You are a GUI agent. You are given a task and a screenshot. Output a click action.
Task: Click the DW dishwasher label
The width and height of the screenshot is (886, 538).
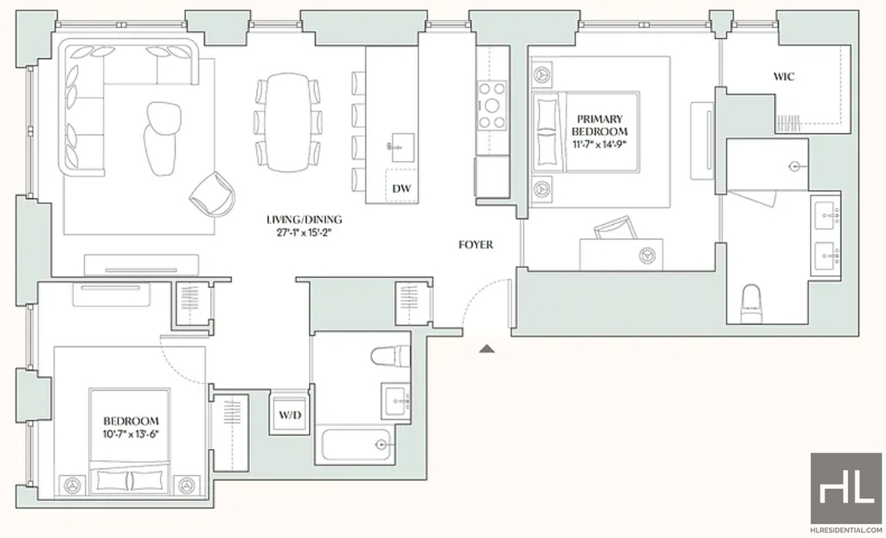[x=401, y=189]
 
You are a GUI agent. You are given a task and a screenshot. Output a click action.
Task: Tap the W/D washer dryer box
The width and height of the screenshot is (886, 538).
[x=290, y=414]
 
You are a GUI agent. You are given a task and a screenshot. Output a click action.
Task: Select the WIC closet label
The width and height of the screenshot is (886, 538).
[x=784, y=76]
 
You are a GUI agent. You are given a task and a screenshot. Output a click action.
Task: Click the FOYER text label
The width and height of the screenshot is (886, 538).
[x=476, y=245]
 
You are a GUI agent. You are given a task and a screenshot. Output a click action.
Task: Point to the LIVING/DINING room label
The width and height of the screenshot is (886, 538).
[x=305, y=220]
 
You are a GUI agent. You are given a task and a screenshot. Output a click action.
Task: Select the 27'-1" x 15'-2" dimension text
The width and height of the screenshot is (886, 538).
[x=305, y=233]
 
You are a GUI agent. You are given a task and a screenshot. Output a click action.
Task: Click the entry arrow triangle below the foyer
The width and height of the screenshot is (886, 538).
[x=486, y=349]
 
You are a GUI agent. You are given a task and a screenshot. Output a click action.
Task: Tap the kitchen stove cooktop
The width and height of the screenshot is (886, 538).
[x=491, y=106]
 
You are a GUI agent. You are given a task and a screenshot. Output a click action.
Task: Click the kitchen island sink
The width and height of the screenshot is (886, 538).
[x=402, y=148]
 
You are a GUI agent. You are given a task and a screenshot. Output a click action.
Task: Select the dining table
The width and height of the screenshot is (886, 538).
[x=287, y=122]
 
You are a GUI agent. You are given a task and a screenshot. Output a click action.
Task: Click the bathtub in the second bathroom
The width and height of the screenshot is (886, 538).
[x=356, y=445]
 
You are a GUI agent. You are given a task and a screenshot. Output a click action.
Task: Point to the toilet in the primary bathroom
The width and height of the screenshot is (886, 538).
[x=752, y=304]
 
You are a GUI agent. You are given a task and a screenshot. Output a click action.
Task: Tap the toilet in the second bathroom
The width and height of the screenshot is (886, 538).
[x=390, y=356]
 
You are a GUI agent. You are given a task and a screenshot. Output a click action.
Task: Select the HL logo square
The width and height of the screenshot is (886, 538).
[x=846, y=488]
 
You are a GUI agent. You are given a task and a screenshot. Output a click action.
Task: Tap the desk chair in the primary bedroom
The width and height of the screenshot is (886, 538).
[x=616, y=227]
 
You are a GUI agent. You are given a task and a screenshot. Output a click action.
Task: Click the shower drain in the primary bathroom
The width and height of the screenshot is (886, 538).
[x=794, y=167]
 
